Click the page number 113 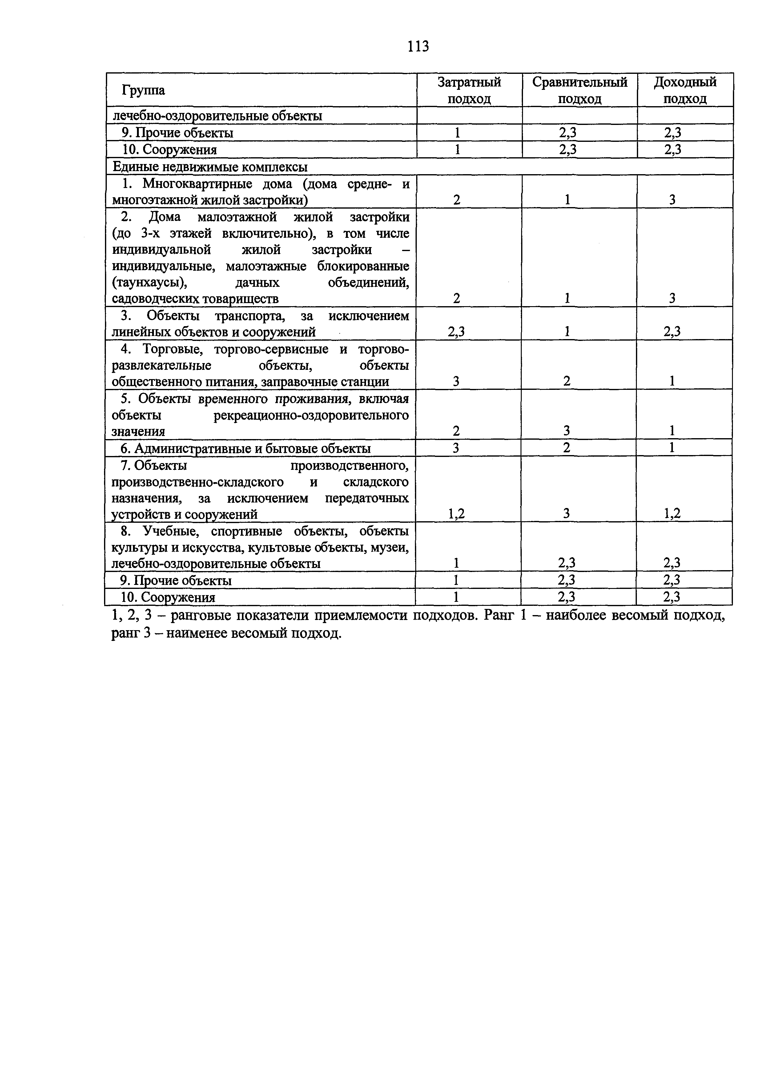click(x=418, y=46)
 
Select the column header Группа click(x=143, y=90)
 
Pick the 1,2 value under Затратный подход click(x=456, y=514)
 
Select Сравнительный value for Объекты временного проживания click(x=567, y=431)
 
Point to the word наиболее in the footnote click(x=572, y=615)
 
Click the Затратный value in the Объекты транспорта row click(x=456, y=332)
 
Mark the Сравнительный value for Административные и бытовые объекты click(x=567, y=448)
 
